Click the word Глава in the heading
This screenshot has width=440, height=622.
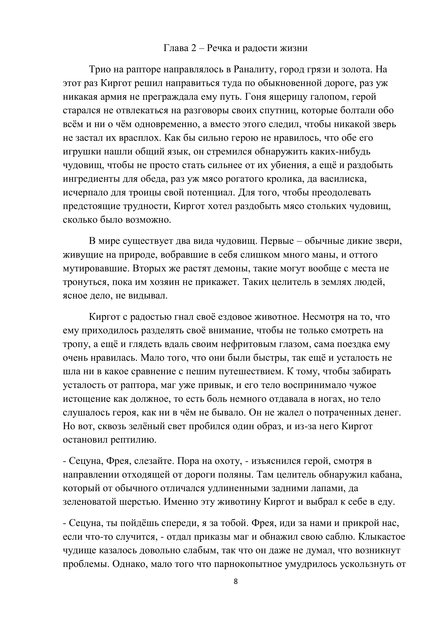pos(176,48)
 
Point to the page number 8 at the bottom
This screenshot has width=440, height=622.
pos(235,581)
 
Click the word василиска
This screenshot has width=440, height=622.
pos(343,179)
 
